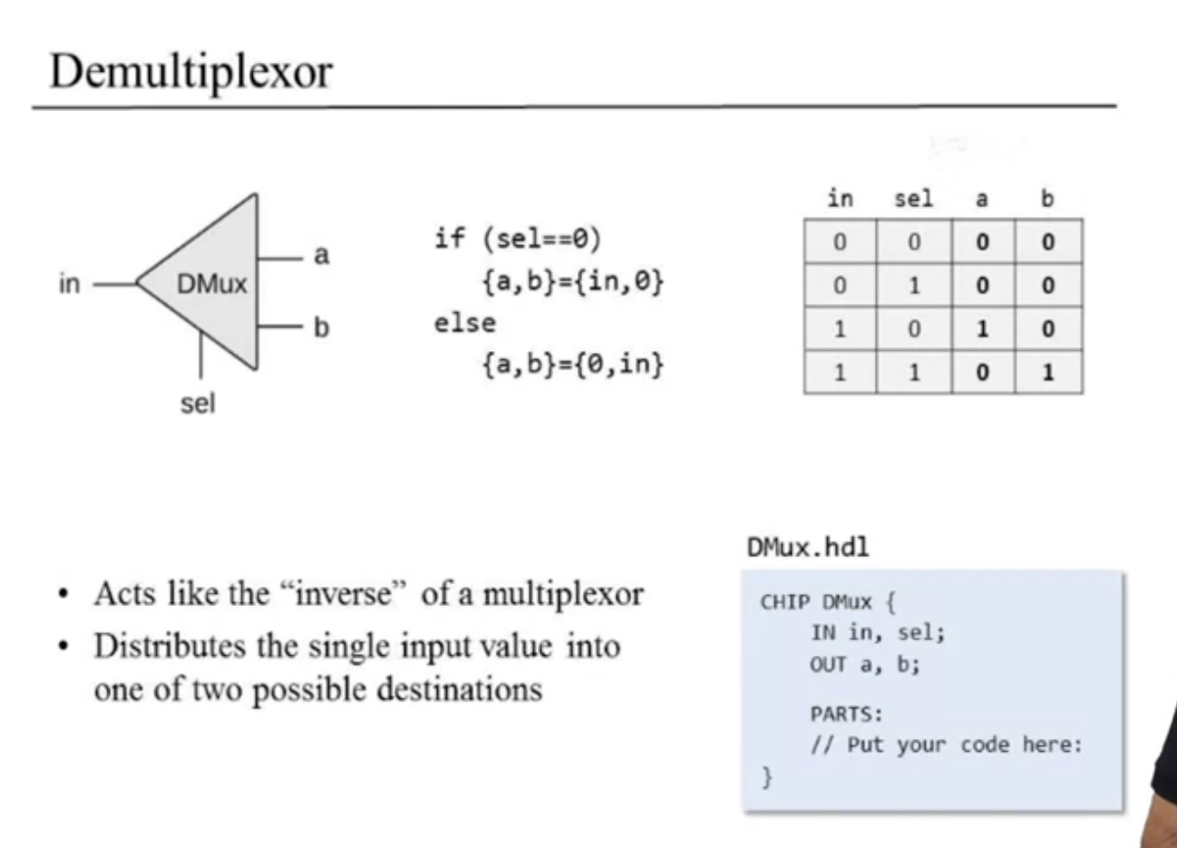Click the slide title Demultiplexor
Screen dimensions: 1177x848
coord(189,70)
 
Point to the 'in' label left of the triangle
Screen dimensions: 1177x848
coord(70,285)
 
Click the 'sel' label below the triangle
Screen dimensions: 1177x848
coord(198,404)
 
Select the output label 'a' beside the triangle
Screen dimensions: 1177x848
coord(322,255)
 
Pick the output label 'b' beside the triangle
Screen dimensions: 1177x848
coord(322,327)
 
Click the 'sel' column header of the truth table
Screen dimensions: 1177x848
coord(914,199)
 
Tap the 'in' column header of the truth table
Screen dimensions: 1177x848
coord(840,199)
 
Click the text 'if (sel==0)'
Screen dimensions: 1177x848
coord(517,240)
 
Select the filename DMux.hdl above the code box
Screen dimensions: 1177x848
coord(808,547)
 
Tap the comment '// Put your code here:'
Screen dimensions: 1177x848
coord(945,745)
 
